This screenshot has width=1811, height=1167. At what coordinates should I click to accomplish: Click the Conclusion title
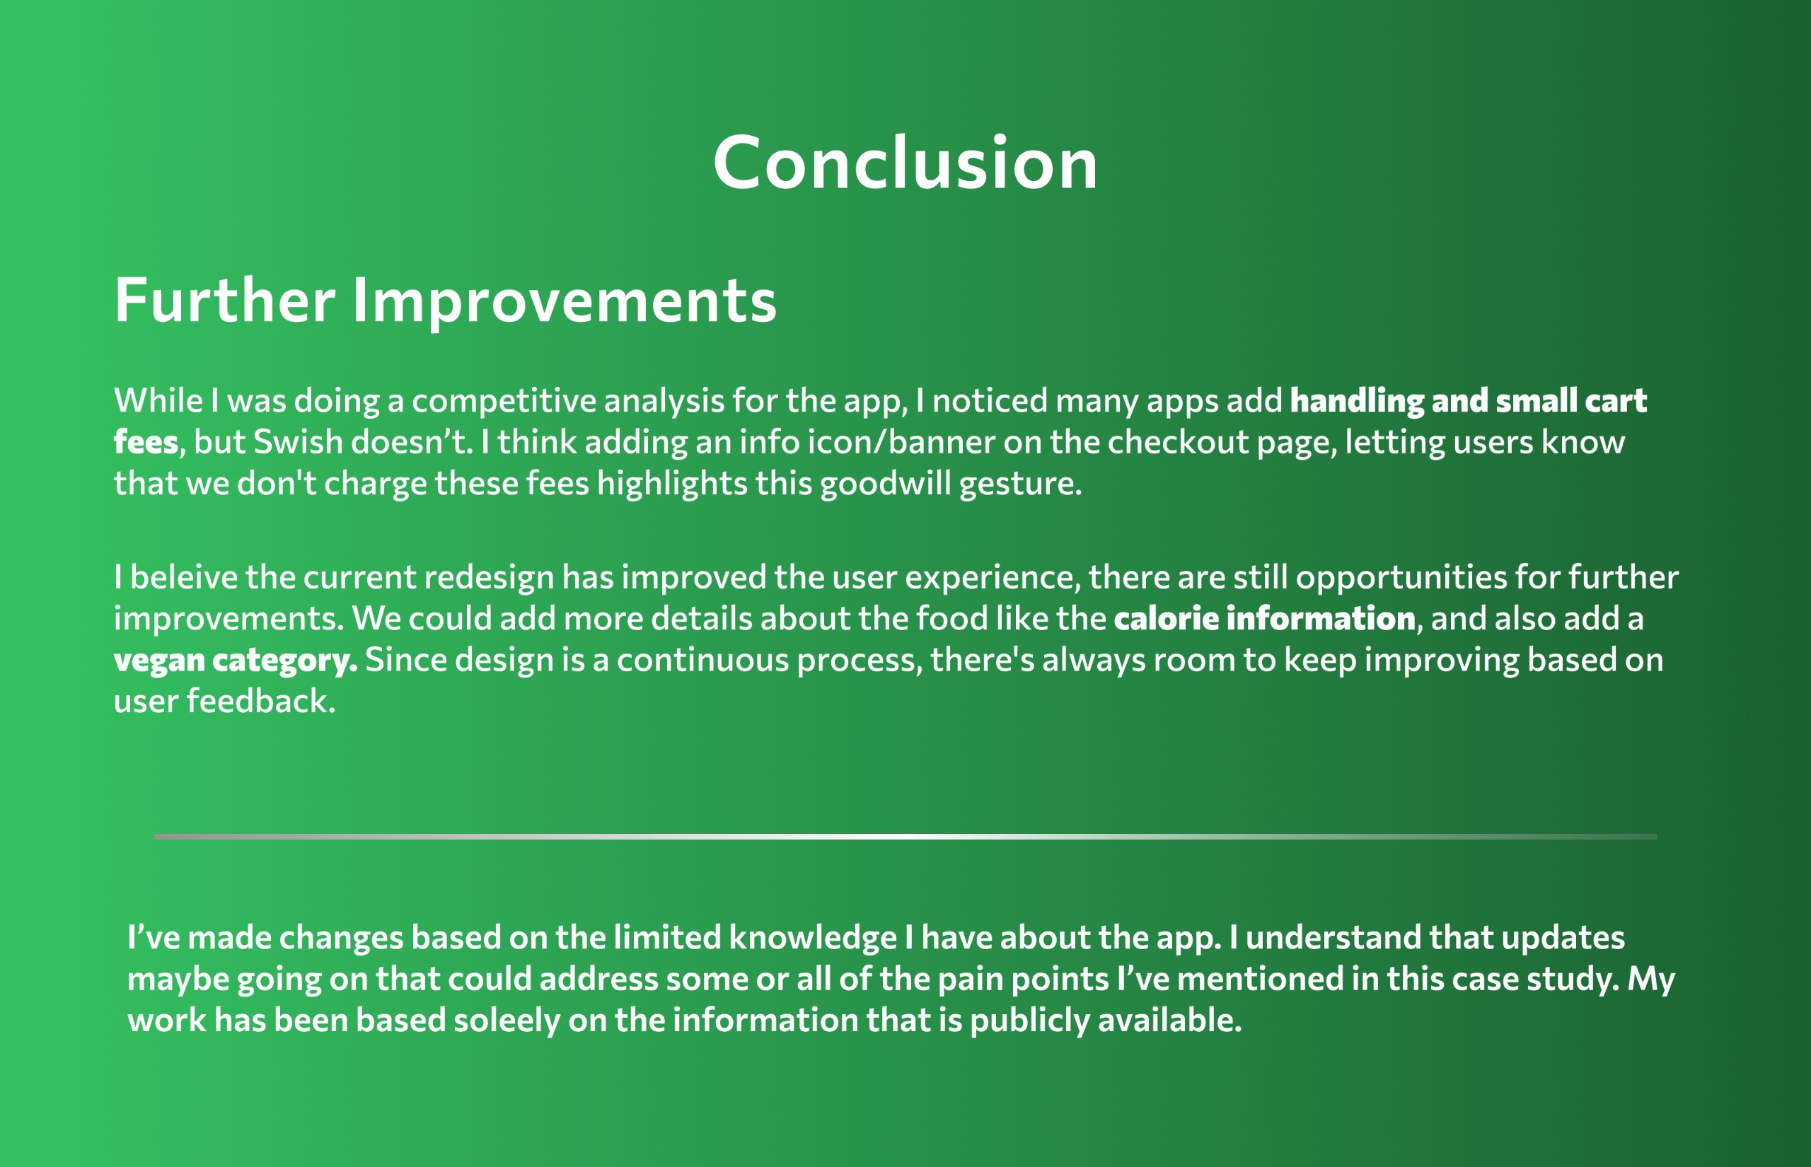[905, 163]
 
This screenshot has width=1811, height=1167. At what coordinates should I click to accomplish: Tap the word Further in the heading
[224, 300]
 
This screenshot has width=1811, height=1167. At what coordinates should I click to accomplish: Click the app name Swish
[298, 442]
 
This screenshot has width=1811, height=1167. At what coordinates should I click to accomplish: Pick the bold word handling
[1357, 401]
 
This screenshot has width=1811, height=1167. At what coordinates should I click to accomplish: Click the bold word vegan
[159, 661]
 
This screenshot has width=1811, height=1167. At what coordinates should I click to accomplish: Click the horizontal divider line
[905, 837]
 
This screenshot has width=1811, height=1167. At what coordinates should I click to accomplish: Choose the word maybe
[178, 980]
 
